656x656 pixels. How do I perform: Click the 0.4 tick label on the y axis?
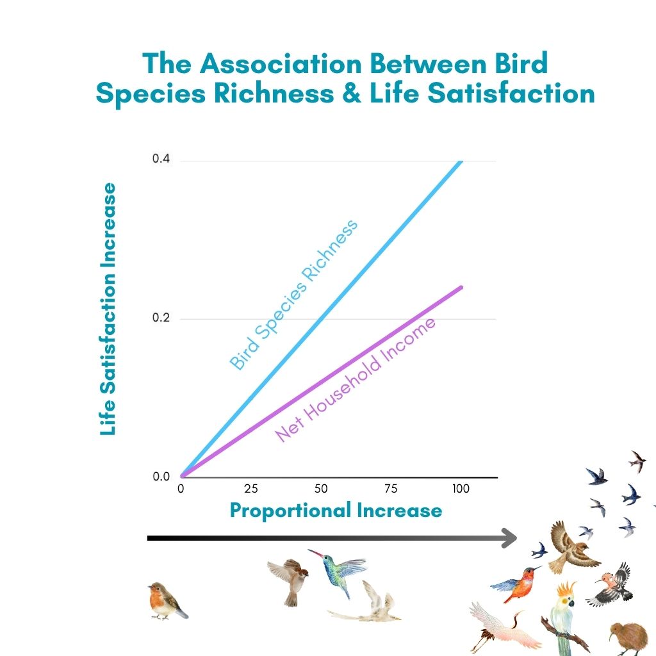[x=161, y=159]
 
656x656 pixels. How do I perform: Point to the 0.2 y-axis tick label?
[x=161, y=318]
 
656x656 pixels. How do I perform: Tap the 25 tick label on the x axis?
[x=251, y=489]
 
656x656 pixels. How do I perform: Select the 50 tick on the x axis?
[x=321, y=489]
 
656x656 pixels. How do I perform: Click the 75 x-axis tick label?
[x=391, y=489]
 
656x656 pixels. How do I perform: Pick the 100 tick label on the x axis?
[x=461, y=489]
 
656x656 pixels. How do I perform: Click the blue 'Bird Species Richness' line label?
[x=293, y=295]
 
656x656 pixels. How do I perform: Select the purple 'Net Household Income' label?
[x=355, y=380]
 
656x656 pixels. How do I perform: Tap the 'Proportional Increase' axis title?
[x=336, y=511]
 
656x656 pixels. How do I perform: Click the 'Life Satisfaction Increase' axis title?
[x=108, y=309]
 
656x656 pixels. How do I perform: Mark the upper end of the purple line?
[x=461, y=287]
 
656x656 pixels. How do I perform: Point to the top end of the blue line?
[x=461, y=161]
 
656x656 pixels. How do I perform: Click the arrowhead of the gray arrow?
[x=509, y=538]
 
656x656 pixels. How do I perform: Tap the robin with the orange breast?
[x=167, y=601]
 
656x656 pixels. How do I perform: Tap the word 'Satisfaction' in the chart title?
[x=511, y=93]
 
